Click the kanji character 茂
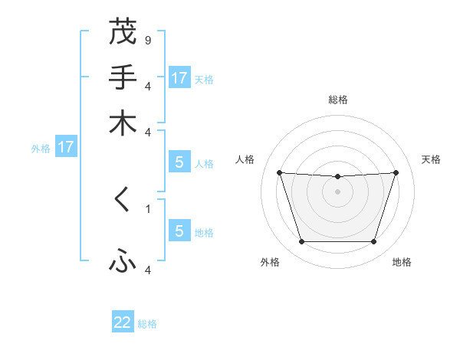(123, 33)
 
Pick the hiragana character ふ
(123, 263)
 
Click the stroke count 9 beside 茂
(147, 39)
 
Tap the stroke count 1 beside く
(147, 208)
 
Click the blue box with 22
(123, 322)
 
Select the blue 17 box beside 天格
(179, 78)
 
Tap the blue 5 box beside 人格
(179, 162)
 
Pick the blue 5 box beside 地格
(179, 231)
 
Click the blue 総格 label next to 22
(147, 324)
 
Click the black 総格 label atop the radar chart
(338, 100)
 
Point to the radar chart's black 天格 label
(431, 159)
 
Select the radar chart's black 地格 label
(402, 262)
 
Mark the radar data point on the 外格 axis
(301, 242)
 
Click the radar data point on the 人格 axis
(279, 172)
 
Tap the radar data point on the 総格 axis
(338, 177)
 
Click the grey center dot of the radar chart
(338, 191)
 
